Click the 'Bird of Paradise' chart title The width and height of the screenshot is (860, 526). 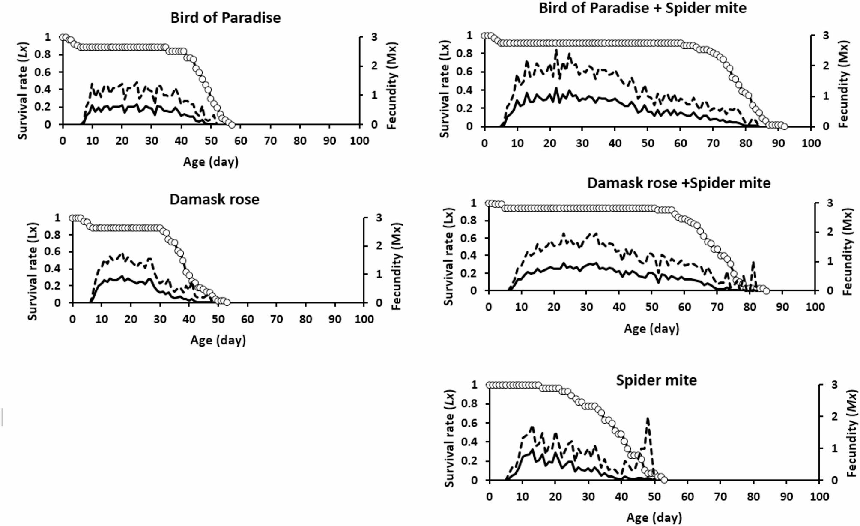click(225, 18)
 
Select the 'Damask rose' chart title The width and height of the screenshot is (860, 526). click(214, 199)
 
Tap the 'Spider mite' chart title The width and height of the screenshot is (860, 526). click(656, 380)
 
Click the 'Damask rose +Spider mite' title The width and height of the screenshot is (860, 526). click(678, 183)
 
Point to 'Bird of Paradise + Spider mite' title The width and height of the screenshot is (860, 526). click(642, 8)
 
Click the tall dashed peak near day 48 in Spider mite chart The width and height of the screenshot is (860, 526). click(648, 419)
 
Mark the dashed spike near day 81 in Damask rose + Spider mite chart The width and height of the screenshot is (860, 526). click(753, 263)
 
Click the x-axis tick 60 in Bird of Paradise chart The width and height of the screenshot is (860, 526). click(241, 140)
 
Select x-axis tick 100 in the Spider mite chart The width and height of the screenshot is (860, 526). click(819, 496)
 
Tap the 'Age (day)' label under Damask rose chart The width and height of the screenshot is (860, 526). click(218, 340)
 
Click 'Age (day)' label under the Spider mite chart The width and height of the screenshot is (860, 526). click(654, 517)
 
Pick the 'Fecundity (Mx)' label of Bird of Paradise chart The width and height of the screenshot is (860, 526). click(392, 85)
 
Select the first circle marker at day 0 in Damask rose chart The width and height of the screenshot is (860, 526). click(72, 218)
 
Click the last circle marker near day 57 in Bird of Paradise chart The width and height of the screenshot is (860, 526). click(232, 125)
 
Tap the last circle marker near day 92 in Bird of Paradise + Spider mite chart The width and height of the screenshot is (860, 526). click(784, 126)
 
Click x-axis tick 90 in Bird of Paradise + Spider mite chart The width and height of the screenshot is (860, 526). click(778, 143)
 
